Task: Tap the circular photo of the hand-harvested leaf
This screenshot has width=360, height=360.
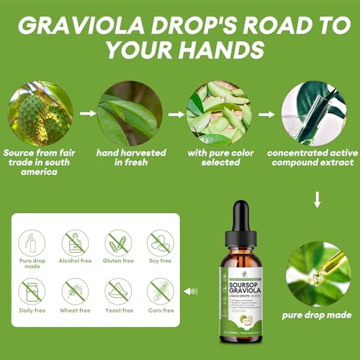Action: (x=132, y=113)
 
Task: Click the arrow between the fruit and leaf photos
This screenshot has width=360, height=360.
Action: (x=87, y=113)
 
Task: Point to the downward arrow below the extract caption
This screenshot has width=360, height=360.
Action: (x=317, y=199)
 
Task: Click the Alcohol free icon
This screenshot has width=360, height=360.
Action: (x=75, y=243)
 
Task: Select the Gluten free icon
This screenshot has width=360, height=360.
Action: (x=118, y=243)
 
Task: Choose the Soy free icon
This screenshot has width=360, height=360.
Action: (x=161, y=243)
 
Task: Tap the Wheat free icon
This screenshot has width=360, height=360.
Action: (x=75, y=292)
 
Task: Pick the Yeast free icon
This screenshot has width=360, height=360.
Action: (x=118, y=292)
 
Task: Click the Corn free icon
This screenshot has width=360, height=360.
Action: (x=161, y=292)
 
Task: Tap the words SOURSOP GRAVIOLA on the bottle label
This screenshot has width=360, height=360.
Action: (x=243, y=284)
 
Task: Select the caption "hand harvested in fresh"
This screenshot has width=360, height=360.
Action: (x=132, y=158)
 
